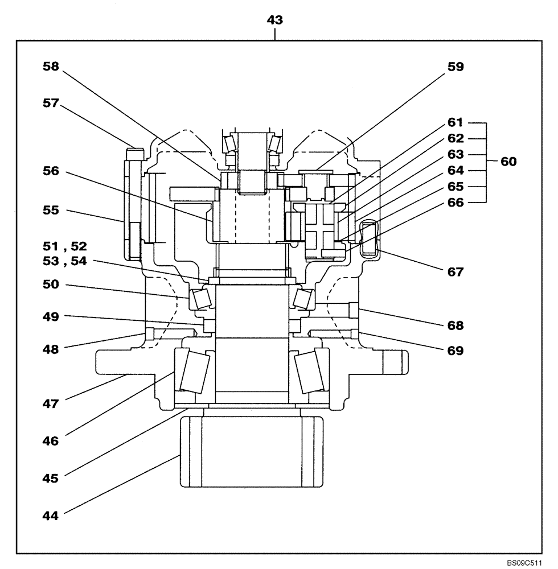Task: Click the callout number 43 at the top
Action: click(x=275, y=20)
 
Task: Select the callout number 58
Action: click(x=52, y=66)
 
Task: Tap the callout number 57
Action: click(x=52, y=103)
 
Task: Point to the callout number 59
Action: click(x=455, y=67)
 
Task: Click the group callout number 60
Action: click(x=508, y=162)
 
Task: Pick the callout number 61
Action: click(x=455, y=122)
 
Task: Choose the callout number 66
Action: click(x=455, y=202)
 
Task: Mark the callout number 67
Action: click(x=455, y=272)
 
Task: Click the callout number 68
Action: click(x=455, y=326)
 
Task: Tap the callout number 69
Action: click(x=455, y=351)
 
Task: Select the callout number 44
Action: click(x=52, y=516)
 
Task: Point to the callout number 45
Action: click(x=52, y=478)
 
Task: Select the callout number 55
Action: click(x=52, y=210)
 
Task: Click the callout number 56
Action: click(x=52, y=172)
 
